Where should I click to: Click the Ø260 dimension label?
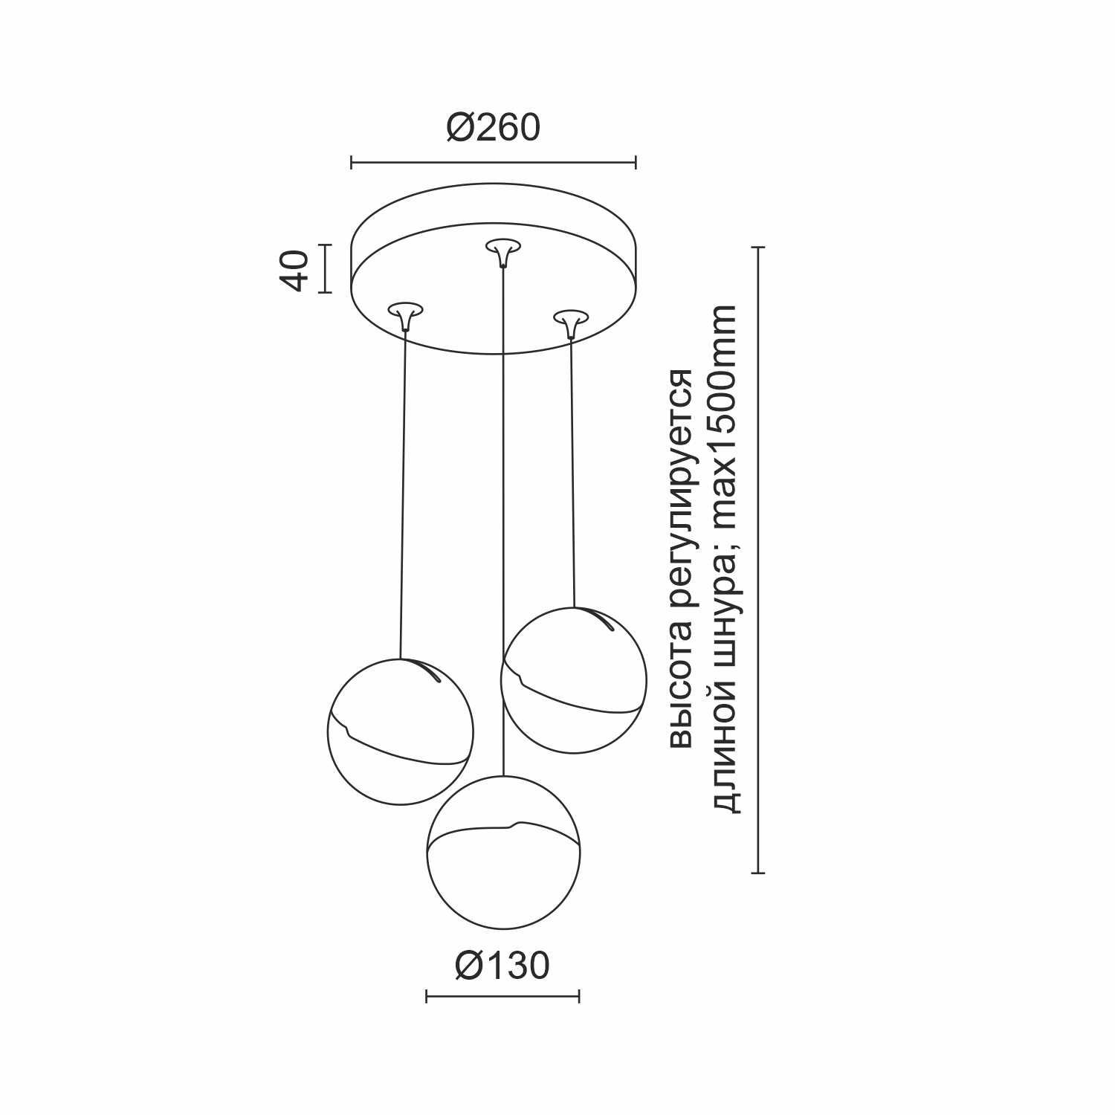[x=493, y=128]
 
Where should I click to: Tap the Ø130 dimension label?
[x=502, y=966]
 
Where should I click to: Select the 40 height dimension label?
[x=294, y=270]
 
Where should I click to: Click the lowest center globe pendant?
[x=504, y=852]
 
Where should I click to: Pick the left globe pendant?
[x=400, y=731]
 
